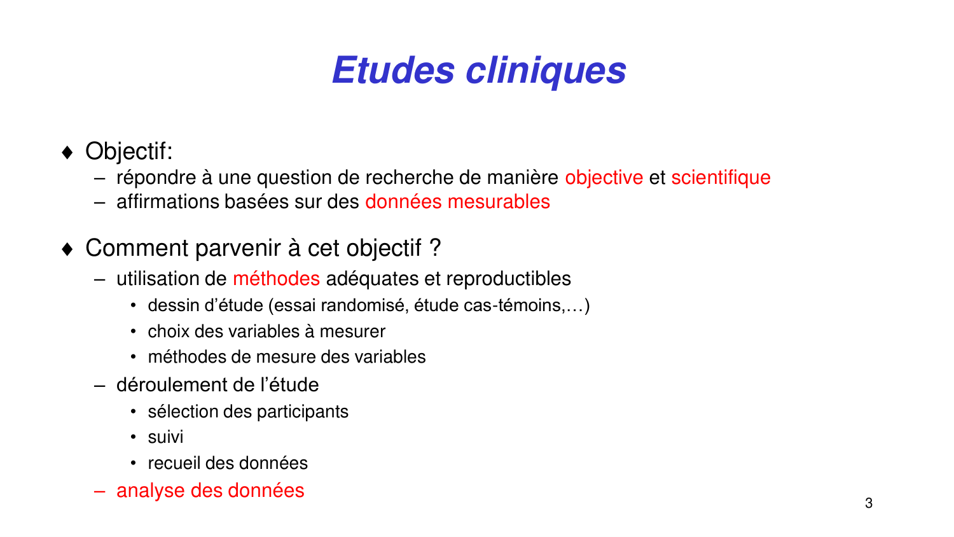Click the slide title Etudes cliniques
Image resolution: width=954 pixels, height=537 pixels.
click(x=479, y=70)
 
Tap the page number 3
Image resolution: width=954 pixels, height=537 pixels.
click(x=869, y=503)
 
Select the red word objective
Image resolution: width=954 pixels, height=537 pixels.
click(x=604, y=178)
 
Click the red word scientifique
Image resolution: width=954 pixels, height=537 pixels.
click(x=721, y=178)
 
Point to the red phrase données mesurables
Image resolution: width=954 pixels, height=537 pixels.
click(x=457, y=202)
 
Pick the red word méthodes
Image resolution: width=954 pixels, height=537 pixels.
click(x=276, y=279)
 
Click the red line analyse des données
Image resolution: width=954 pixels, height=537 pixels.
click(x=210, y=491)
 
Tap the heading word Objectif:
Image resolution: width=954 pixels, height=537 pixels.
click(x=129, y=151)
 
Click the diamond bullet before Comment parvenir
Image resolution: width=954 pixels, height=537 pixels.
click(x=68, y=249)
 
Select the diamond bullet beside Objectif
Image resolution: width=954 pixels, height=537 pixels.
click(x=68, y=152)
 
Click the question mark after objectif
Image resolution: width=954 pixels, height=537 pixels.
click(x=435, y=248)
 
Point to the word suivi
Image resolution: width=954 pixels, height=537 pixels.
click(x=165, y=437)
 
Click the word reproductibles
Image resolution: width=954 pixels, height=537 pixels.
click(x=508, y=279)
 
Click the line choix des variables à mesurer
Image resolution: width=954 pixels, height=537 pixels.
click(x=266, y=331)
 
